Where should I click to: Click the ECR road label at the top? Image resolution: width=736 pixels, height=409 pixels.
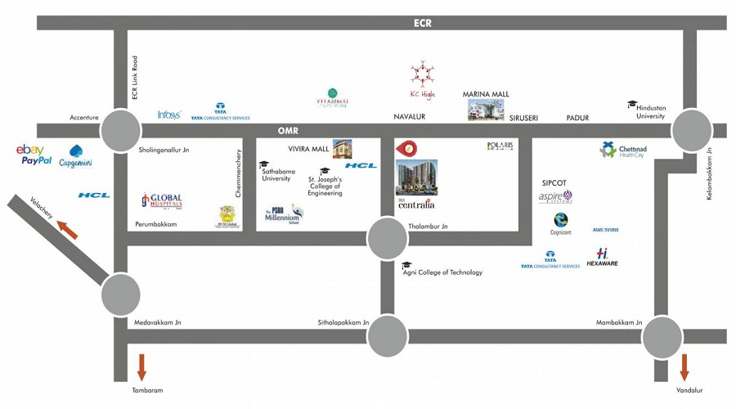(x=422, y=23)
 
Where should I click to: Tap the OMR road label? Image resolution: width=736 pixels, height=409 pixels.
(x=289, y=130)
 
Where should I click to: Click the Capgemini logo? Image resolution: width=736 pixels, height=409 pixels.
(x=76, y=156)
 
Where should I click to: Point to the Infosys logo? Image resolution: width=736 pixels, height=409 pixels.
(x=168, y=115)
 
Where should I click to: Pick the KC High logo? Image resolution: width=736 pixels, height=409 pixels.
(x=422, y=80)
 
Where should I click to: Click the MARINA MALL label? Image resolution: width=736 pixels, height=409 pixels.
(x=486, y=95)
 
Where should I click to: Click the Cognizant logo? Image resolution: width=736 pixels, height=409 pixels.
(x=561, y=223)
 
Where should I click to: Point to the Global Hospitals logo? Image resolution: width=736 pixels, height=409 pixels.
(x=161, y=200)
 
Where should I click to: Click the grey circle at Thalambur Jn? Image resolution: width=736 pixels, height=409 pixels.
(x=388, y=238)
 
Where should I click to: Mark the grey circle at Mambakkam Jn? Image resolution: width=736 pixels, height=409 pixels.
(x=662, y=336)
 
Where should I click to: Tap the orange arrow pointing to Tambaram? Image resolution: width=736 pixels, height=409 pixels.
(x=141, y=366)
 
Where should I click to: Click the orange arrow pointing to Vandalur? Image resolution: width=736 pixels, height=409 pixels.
(x=684, y=366)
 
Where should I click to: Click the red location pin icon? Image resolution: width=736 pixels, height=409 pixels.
(x=406, y=148)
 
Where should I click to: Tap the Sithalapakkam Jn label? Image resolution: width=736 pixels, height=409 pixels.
(x=343, y=323)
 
